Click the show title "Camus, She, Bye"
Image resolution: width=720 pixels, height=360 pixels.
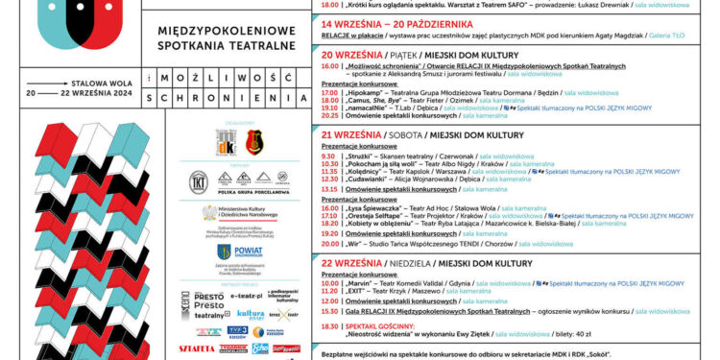click(374, 101)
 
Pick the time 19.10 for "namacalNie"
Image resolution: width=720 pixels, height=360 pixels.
click(328, 108)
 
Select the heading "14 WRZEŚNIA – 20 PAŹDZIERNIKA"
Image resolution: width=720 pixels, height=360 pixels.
click(409, 23)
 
